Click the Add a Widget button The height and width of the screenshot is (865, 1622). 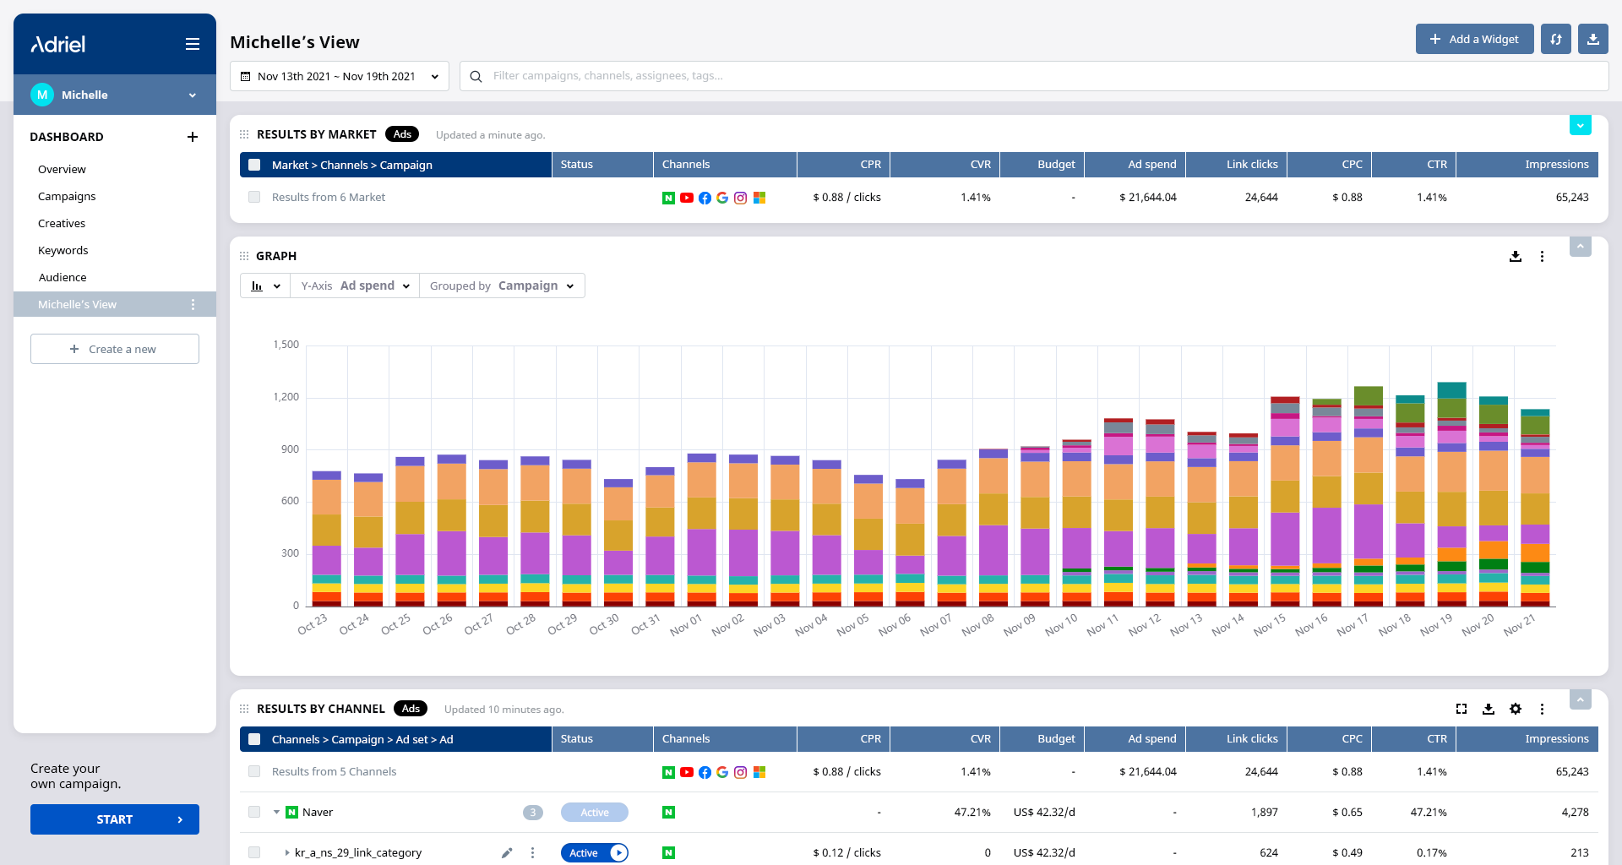(x=1474, y=39)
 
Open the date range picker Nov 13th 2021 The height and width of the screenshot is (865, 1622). (x=340, y=76)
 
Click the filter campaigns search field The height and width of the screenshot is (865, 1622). (x=1034, y=76)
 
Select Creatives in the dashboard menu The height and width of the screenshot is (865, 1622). (x=62, y=223)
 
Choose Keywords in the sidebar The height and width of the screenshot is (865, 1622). (x=63, y=250)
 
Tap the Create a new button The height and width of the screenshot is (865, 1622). (x=115, y=349)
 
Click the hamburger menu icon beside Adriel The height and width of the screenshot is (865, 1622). (x=193, y=44)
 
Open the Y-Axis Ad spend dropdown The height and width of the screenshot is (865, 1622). (x=355, y=286)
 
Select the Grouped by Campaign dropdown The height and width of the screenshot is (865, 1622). (x=502, y=286)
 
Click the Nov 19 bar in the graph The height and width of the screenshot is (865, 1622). (x=1451, y=494)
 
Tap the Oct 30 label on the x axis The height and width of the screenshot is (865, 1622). (x=604, y=624)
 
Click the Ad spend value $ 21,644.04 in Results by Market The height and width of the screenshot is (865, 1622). (x=1148, y=198)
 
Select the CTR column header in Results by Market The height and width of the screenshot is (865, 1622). (x=1437, y=165)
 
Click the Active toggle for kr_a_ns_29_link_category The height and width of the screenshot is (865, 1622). (x=595, y=853)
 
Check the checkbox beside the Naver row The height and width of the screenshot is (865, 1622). (x=254, y=812)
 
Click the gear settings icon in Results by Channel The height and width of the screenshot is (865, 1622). (x=1516, y=709)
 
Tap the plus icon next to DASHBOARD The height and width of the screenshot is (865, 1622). (x=193, y=137)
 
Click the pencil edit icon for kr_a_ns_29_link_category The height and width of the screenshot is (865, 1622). (x=507, y=853)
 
